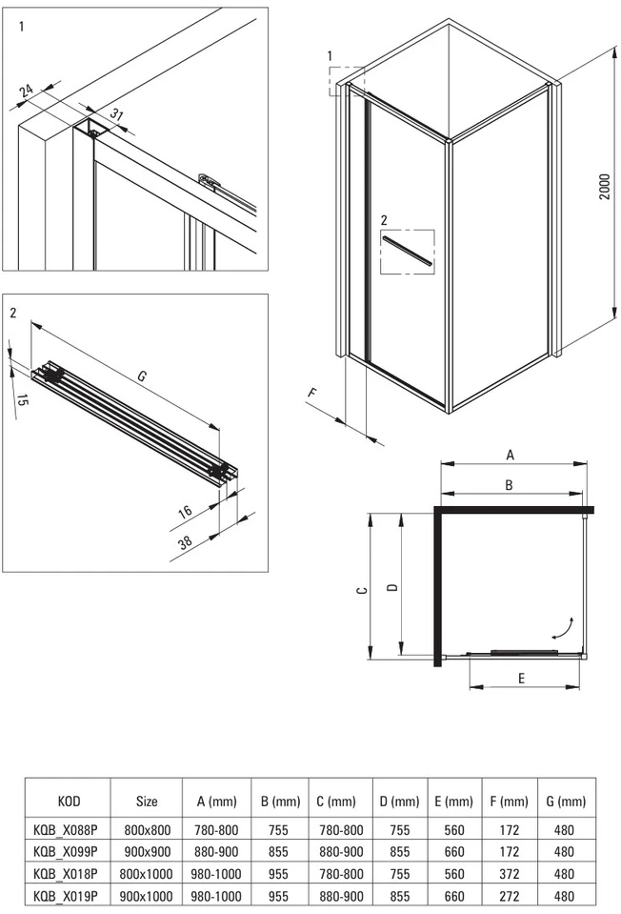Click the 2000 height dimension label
(605, 187)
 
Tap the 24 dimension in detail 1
(27, 91)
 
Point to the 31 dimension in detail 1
(117, 114)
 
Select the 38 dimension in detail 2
(185, 543)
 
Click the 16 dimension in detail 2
(185, 513)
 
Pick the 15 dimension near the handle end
(22, 400)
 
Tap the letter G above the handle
(142, 376)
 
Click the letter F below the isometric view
(311, 394)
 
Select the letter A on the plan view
(511, 455)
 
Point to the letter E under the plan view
(521, 678)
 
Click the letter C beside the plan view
(362, 591)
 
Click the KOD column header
(69, 802)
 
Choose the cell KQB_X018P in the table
(66, 874)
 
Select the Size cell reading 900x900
(147, 852)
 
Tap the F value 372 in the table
(510, 874)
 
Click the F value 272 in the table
(510, 896)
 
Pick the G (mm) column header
(566, 802)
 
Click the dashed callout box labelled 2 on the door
(408, 252)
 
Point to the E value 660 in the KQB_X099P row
(454, 852)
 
